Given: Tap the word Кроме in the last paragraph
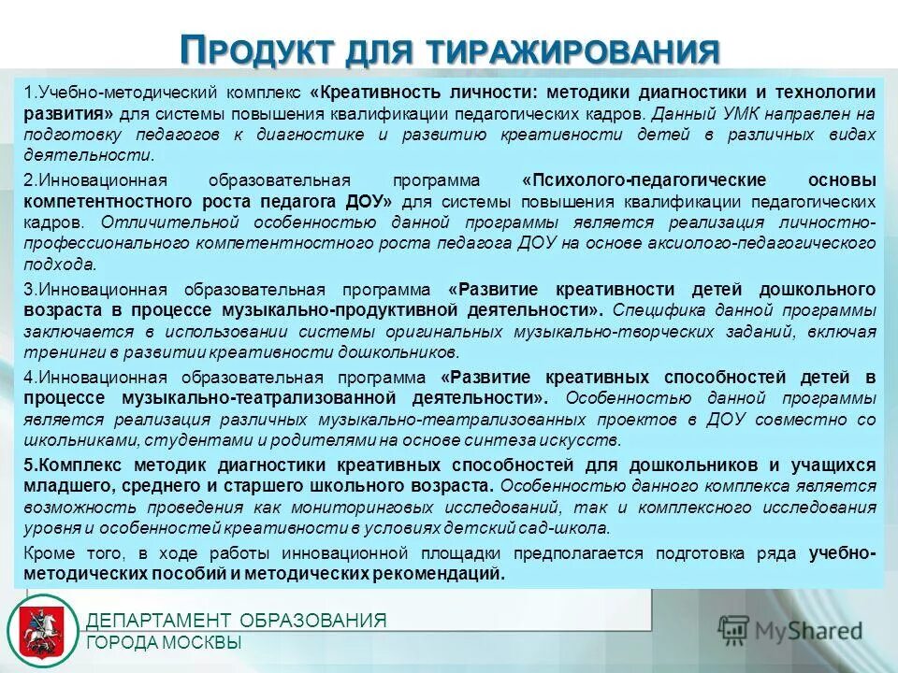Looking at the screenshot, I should pos(48,553).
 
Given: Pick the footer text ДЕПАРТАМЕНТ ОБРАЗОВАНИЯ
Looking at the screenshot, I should pos(237,621).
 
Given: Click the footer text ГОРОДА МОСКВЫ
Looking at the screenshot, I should pos(164,643).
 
